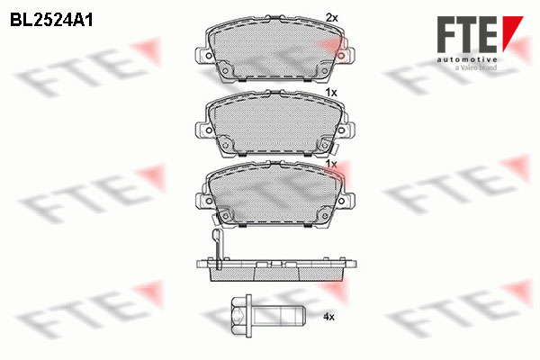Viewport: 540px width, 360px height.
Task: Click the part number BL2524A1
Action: (51, 20)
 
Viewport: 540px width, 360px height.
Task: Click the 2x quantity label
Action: (332, 18)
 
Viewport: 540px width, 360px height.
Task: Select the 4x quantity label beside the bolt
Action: (328, 317)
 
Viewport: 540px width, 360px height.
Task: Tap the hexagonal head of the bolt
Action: (238, 314)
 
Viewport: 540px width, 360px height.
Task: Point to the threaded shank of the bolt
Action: (279, 314)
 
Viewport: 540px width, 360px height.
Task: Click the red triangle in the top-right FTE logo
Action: (512, 31)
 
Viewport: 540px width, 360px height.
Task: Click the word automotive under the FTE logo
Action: (467, 60)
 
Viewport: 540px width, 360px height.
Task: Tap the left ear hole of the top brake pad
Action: (209, 56)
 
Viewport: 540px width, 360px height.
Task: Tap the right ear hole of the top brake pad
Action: (341, 56)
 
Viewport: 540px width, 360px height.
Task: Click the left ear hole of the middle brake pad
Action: (209, 130)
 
